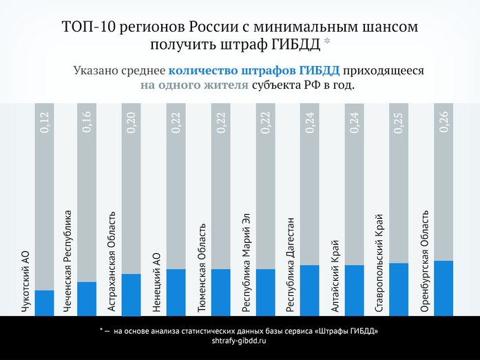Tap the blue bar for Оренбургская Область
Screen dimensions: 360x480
(444, 288)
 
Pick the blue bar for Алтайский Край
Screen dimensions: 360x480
(354, 290)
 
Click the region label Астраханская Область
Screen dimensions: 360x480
(112, 262)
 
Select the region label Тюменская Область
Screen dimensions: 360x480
(201, 269)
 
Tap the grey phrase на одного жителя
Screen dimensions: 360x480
(194, 87)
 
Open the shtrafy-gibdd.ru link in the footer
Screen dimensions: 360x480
(239, 341)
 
